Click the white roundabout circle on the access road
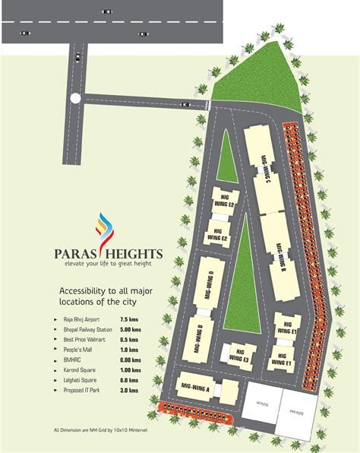(x=74, y=98)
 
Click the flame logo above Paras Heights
(x=103, y=228)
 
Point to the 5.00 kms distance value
(x=131, y=330)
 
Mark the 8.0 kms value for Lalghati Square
(x=128, y=379)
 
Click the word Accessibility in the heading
(x=84, y=291)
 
